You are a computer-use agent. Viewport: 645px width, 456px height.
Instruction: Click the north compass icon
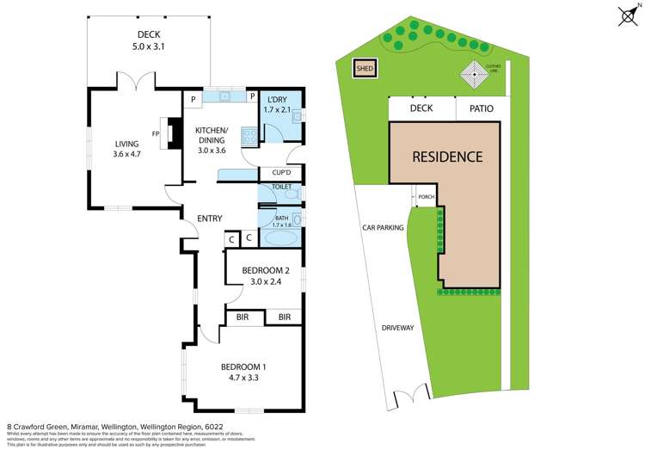click(x=628, y=15)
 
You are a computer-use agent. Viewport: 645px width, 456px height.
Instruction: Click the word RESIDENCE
click(x=446, y=157)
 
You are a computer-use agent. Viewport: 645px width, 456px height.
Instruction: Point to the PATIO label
click(x=480, y=108)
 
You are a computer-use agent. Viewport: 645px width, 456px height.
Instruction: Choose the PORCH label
click(x=426, y=196)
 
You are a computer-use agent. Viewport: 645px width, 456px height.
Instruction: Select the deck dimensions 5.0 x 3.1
click(x=150, y=47)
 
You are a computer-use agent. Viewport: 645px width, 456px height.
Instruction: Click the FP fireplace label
click(x=156, y=134)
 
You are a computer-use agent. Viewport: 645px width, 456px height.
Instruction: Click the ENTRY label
click(x=210, y=219)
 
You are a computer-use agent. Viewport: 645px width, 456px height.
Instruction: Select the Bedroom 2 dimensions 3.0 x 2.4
click(x=264, y=280)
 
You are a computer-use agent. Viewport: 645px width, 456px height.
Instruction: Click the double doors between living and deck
click(x=136, y=83)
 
